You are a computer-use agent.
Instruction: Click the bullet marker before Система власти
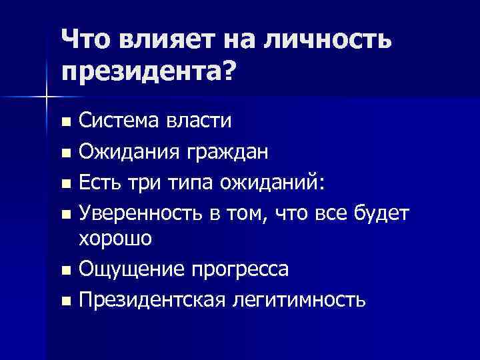click(x=65, y=123)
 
